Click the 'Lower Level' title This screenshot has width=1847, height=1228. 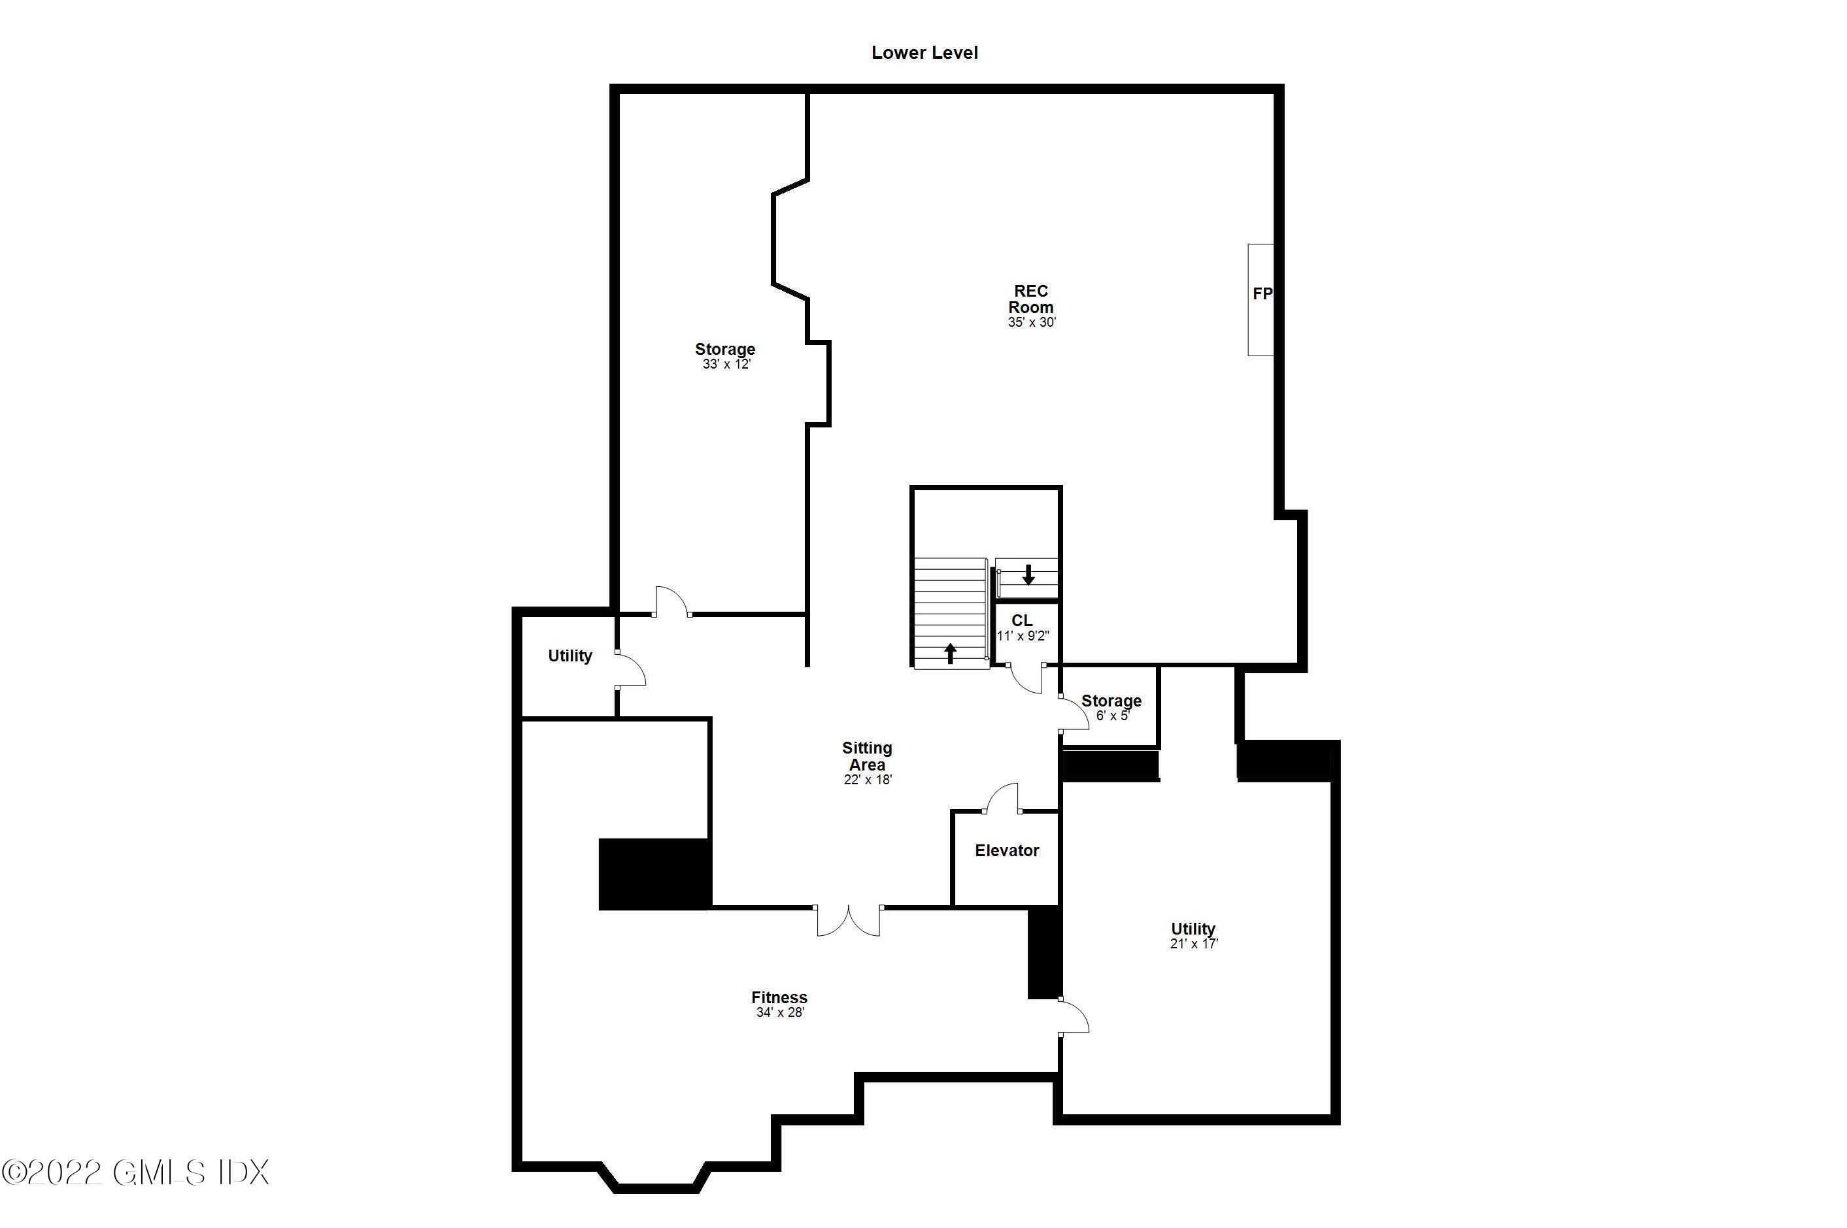coord(924,52)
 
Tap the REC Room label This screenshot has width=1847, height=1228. coord(1031,299)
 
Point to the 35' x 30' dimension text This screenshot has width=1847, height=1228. coord(1032,322)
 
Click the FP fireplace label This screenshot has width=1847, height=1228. coord(1262,293)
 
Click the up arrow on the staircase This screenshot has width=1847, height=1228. coord(950,652)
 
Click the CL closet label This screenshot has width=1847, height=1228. coord(1021,621)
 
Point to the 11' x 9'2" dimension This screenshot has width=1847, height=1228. coord(1022,636)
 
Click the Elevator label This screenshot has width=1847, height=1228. coord(1006,850)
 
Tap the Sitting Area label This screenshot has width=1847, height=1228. coord(867,757)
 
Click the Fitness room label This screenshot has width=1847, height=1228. coord(779,997)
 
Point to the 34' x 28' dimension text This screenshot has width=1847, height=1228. coord(780,1012)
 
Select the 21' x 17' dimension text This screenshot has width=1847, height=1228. coord(1194,944)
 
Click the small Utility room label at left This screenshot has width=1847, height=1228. coord(569,655)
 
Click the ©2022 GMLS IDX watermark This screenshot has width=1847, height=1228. coord(135,1172)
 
